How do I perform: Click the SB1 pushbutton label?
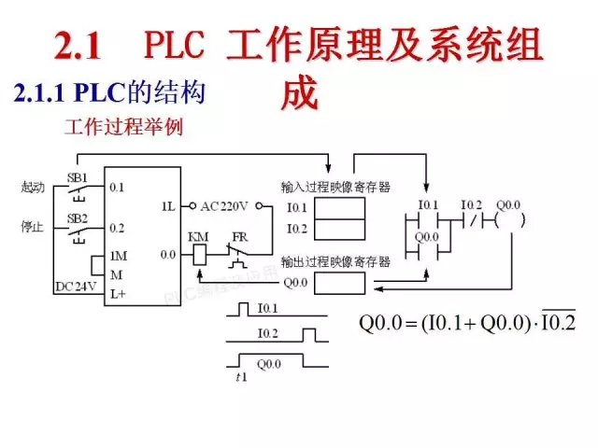point(77,177)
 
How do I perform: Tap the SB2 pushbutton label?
point(77,218)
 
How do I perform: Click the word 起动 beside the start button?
point(33,187)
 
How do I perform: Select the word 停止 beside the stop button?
point(33,227)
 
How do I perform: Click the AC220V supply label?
point(227,205)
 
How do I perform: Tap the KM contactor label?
point(198,236)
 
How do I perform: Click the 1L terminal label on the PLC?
point(168,205)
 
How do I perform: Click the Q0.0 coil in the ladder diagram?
point(509,221)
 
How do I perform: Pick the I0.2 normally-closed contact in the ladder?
point(473,221)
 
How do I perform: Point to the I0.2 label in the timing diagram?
point(269,332)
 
